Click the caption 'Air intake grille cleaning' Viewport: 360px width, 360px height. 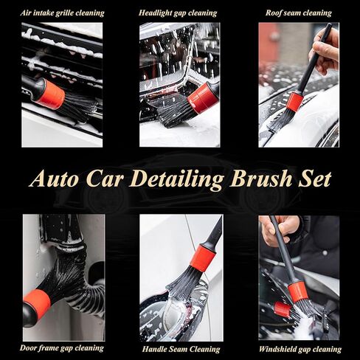tap(62, 13)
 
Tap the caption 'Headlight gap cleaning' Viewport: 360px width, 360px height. tap(178, 13)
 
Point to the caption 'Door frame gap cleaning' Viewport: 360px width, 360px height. tap(63, 347)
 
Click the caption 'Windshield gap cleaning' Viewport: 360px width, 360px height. tap(300, 348)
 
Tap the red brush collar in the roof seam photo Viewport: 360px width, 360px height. tap(295, 102)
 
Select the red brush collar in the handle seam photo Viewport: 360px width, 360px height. tap(202, 258)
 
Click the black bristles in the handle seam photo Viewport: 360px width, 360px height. tap(184, 283)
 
